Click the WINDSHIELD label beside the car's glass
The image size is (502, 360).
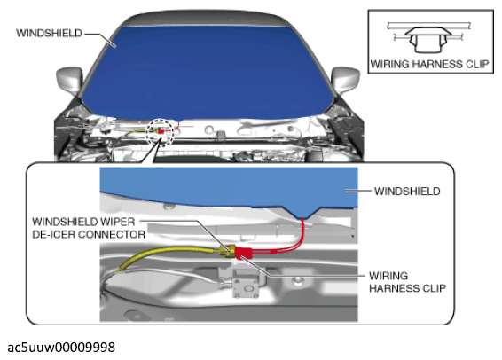coord(49,34)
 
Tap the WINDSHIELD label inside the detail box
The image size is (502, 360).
coord(407,191)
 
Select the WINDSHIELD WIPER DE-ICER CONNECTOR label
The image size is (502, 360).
coord(89,228)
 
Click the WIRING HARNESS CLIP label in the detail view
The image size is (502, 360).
coord(407,282)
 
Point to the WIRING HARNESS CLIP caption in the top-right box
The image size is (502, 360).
coord(429,64)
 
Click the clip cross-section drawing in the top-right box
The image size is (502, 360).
coord(428,37)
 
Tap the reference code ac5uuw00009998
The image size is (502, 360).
coord(61,348)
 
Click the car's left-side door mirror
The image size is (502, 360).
coord(69,80)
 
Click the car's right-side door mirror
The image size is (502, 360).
coord(345,80)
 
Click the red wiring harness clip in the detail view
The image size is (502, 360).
coord(243,252)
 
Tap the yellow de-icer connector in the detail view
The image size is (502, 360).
coord(227,251)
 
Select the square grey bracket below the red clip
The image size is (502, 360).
coord(246,284)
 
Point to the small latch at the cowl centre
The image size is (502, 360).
coord(220,135)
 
